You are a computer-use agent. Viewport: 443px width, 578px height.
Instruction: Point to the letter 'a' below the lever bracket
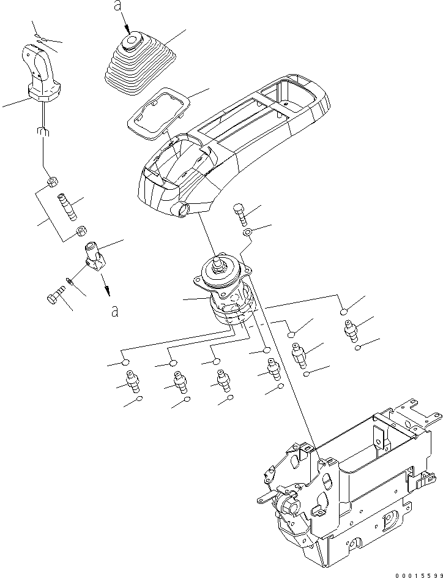pyautogui.click(x=114, y=311)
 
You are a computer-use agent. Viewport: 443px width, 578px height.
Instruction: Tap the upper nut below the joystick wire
pyautogui.click(x=53, y=182)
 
